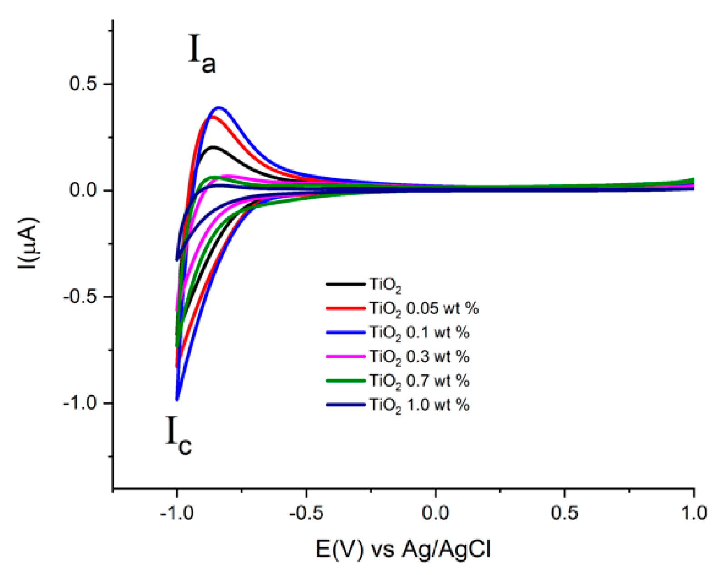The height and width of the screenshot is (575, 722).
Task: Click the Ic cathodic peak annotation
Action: click(x=178, y=436)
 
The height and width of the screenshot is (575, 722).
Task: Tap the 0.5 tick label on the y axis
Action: click(x=84, y=84)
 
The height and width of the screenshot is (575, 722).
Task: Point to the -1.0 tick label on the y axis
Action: click(x=80, y=403)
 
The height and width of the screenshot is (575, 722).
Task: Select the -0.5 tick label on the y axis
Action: click(x=80, y=297)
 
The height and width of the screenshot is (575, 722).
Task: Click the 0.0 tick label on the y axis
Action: click(x=84, y=190)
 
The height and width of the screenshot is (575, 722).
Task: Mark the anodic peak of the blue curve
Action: click(x=219, y=108)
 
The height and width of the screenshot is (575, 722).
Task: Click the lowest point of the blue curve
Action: click(x=177, y=399)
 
